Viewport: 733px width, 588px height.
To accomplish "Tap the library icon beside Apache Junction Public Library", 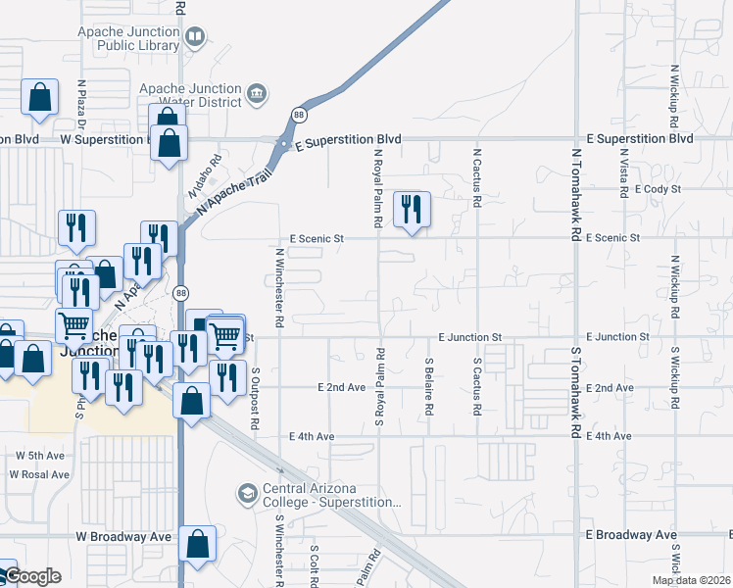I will pos(196,37).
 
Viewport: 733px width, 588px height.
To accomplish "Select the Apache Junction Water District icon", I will pos(257,93).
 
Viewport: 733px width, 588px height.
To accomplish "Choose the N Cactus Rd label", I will pos(477,177).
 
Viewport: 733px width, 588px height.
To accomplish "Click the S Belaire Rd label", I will pos(428,387).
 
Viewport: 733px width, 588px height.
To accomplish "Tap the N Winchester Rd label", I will pos(279,287).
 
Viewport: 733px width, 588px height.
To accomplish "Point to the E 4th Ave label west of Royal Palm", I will pos(313,436).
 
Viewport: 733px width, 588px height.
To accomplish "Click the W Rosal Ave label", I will pos(39,474).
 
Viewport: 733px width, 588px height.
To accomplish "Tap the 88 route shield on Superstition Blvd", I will pos(299,115).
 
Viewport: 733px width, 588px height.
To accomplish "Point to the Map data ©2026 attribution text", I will pos(690,580).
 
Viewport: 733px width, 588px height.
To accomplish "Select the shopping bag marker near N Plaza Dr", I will pos(39,98).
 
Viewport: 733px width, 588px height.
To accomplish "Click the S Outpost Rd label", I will pos(255,391).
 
